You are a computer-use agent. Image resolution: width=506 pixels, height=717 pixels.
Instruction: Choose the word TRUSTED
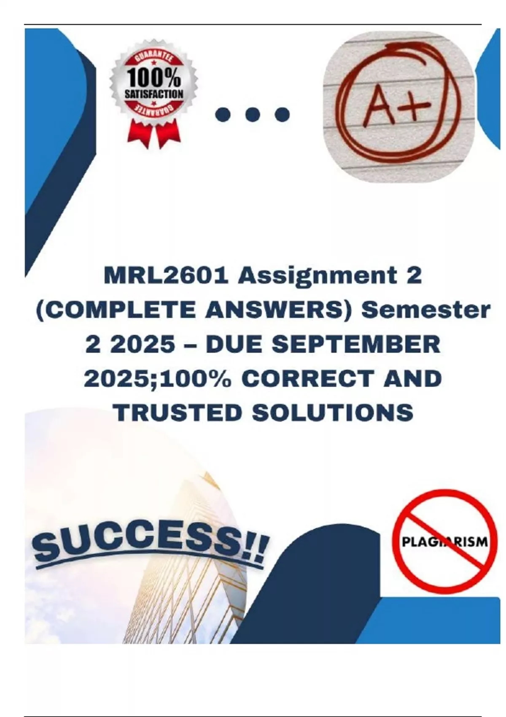click(x=178, y=412)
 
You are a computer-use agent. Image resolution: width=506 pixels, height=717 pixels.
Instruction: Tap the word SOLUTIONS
click(x=332, y=412)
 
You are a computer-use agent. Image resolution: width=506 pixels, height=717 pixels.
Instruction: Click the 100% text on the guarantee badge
click(x=154, y=79)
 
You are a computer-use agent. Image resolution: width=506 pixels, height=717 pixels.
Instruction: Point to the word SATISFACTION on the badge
click(x=154, y=94)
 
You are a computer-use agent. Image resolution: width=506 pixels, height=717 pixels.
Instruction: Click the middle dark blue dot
click(x=253, y=114)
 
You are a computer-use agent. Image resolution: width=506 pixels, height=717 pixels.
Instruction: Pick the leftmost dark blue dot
click(x=223, y=114)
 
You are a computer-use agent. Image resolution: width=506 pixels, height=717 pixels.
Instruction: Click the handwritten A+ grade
click(x=397, y=107)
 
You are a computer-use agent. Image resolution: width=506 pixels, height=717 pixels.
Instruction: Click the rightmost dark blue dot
click(x=282, y=114)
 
